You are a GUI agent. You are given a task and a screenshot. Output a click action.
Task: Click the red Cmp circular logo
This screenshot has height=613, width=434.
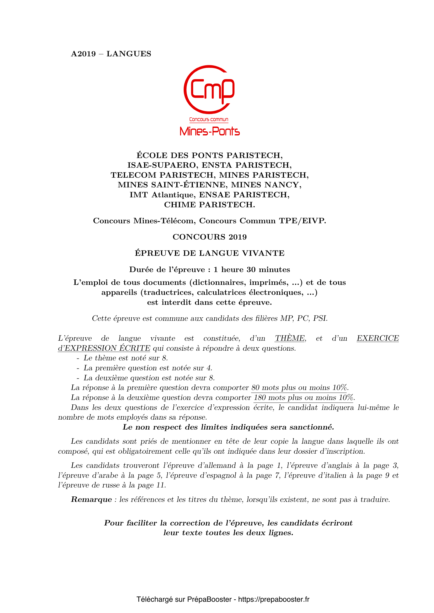(209, 89)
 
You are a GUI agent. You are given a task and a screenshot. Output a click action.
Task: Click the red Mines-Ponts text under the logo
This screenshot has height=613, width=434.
(209, 131)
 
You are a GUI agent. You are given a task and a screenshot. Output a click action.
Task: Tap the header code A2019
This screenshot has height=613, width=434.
(83, 54)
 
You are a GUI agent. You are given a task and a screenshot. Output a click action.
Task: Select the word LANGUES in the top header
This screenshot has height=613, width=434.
(129, 54)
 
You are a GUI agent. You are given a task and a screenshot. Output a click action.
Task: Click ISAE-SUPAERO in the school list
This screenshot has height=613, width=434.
(162, 165)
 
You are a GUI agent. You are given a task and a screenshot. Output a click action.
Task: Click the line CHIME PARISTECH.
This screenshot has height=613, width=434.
(209, 204)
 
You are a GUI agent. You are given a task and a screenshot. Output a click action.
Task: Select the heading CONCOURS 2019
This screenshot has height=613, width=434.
(209, 237)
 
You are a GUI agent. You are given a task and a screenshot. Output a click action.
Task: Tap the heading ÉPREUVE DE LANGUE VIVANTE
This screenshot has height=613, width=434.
(209, 253)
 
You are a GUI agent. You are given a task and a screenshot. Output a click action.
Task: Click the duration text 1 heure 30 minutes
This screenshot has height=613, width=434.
(252, 269)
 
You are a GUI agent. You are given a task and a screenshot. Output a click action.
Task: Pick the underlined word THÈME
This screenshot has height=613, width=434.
(290, 338)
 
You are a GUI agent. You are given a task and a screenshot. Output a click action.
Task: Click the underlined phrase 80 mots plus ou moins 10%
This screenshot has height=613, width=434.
(300, 387)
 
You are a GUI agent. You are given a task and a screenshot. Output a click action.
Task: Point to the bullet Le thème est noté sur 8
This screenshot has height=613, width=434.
(126, 358)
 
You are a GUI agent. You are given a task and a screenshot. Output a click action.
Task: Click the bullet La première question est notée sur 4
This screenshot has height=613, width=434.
(148, 368)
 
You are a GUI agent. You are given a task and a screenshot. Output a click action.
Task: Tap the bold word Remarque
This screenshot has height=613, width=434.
(91, 499)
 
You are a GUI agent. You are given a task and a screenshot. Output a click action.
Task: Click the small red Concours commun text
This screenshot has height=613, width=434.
(209, 119)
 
